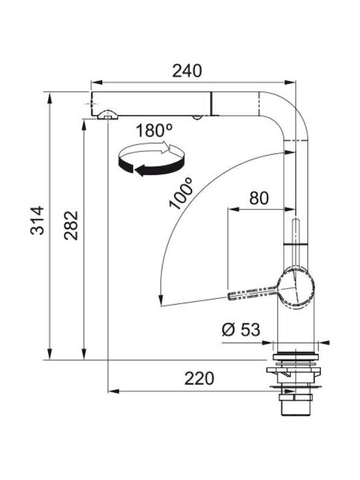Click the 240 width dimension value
click(187, 71)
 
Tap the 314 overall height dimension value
click(37, 221)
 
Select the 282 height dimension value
click(71, 225)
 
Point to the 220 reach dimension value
click(199, 379)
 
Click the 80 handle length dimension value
click(259, 198)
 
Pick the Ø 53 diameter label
click(241, 330)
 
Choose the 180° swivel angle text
click(154, 131)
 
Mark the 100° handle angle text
click(181, 193)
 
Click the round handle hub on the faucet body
click(296, 289)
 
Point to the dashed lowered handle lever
click(253, 293)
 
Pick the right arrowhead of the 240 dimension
click(290, 82)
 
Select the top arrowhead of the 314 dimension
click(49, 98)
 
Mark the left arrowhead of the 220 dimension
click(114, 391)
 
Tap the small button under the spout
click(197, 117)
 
